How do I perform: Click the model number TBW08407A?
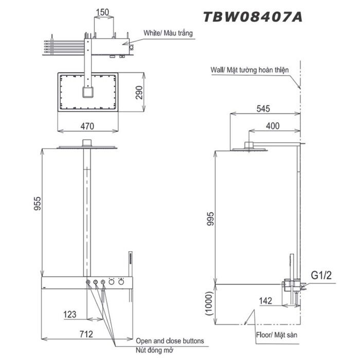tap(253, 16)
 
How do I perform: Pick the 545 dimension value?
tap(263, 109)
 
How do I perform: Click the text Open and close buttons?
tap(170, 341)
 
